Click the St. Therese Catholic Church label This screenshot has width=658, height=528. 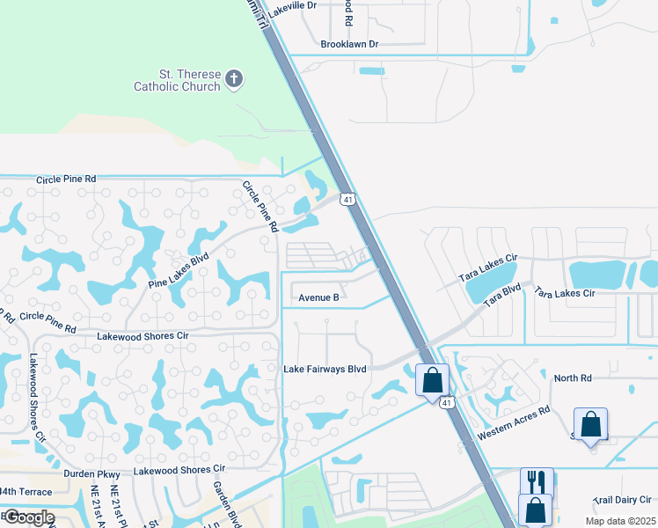click(x=177, y=80)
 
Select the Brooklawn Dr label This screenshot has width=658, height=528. click(x=349, y=43)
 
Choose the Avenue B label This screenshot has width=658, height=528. click(x=318, y=297)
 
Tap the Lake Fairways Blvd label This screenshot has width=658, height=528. click(x=325, y=369)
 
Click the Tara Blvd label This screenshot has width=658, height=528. click(x=503, y=295)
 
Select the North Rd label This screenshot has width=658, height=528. click(x=573, y=378)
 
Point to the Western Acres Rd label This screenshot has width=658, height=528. click(x=513, y=423)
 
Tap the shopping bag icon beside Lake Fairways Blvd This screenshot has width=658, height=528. click(x=432, y=380)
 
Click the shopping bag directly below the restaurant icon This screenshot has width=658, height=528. click(x=536, y=510)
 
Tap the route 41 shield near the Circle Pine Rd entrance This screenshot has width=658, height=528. click(x=349, y=201)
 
